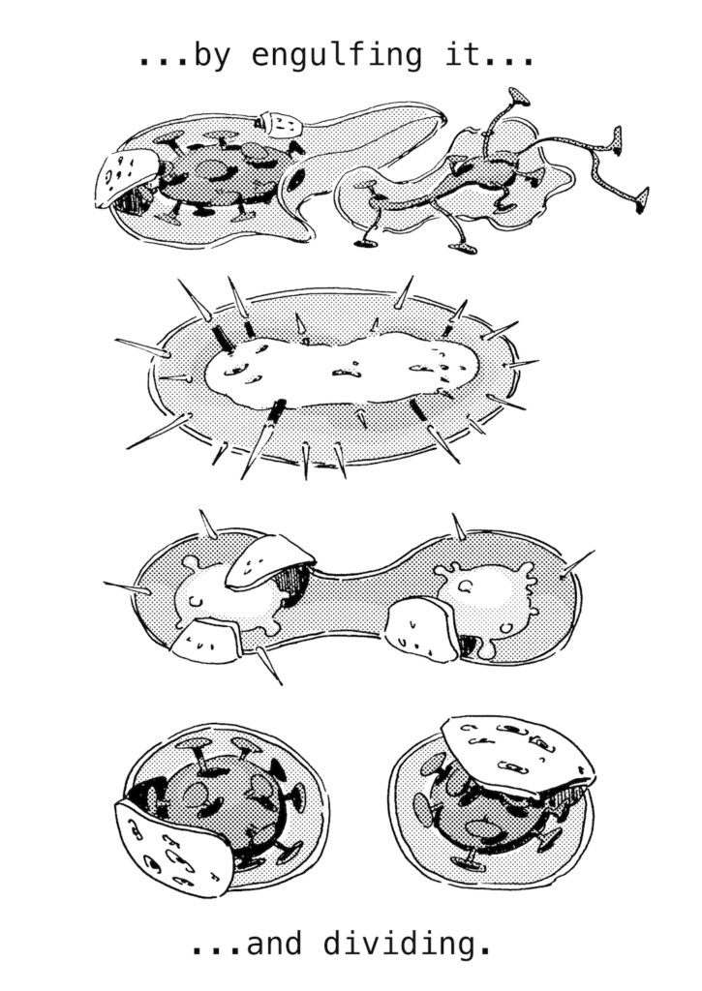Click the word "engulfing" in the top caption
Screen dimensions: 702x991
(x=336, y=55)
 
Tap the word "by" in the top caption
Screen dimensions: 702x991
(x=212, y=55)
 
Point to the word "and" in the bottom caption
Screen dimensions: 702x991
(x=273, y=944)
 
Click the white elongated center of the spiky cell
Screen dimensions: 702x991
(x=342, y=369)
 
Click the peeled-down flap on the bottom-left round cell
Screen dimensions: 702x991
(x=169, y=844)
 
